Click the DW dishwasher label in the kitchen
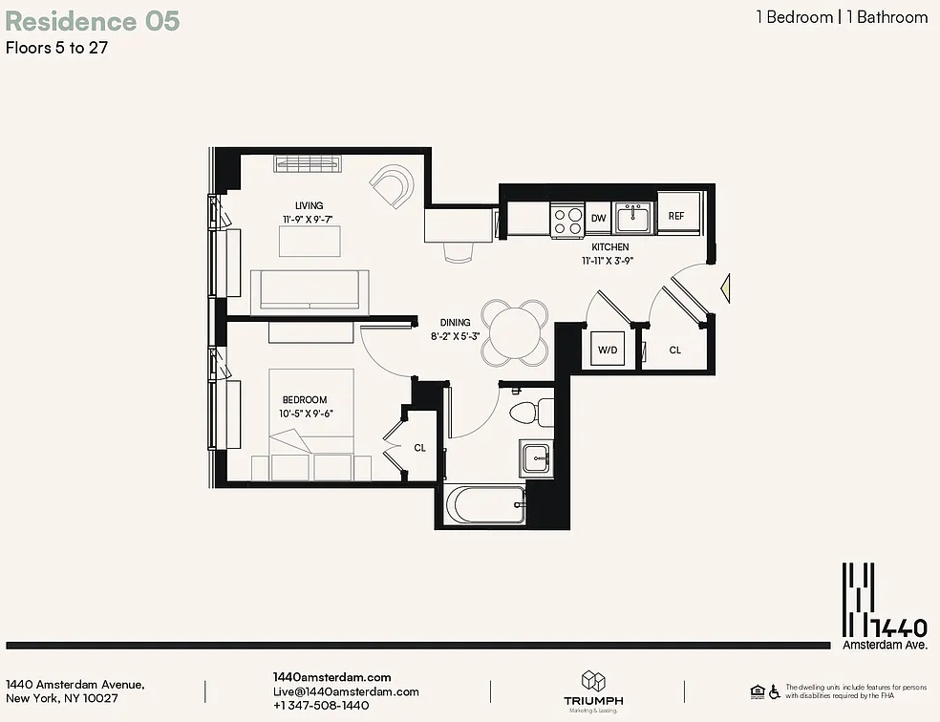click(x=598, y=218)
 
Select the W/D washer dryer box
click(x=608, y=349)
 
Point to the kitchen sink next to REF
click(x=633, y=218)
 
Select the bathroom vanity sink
click(x=537, y=458)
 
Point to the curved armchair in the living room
click(x=393, y=185)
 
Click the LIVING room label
click(x=309, y=205)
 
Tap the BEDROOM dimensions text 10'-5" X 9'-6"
click(x=306, y=414)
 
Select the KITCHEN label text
click(x=610, y=246)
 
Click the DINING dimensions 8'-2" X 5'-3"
click(x=455, y=336)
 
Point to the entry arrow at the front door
click(x=725, y=287)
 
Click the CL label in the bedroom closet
click(x=419, y=448)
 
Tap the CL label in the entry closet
click(x=675, y=350)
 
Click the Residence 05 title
click(x=93, y=21)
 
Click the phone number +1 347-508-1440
click(x=321, y=705)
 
